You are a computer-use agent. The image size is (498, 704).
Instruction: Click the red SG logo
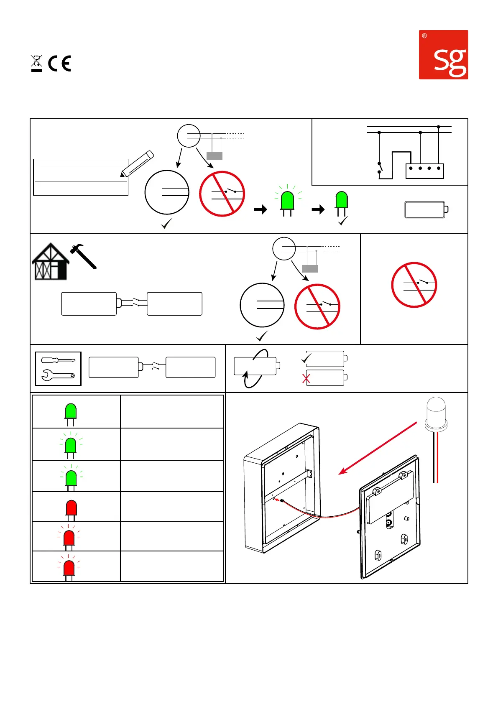pyautogui.click(x=443, y=54)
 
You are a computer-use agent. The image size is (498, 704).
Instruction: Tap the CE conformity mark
pyautogui.click(x=59, y=64)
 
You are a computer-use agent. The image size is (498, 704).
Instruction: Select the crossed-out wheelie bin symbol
pyautogui.click(x=36, y=63)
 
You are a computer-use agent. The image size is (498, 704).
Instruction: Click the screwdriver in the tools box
pyautogui.click(x=58, y=360)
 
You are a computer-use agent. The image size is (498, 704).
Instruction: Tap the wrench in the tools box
pyautogui.click(x=58, y=375)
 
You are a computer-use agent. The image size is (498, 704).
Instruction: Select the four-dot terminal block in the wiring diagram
pyautogui.click(x=424, y=171)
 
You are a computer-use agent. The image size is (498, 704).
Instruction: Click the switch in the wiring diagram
pyautogui.click(x=380, y=168)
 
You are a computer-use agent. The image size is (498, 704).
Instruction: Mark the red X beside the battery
pyautogui.click(x=306, y=379)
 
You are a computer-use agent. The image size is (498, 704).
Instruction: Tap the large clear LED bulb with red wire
pyautogui.click(x=436, y=414)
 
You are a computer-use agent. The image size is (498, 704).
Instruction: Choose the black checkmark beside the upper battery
pyautogui.click(x=306, y=359)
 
